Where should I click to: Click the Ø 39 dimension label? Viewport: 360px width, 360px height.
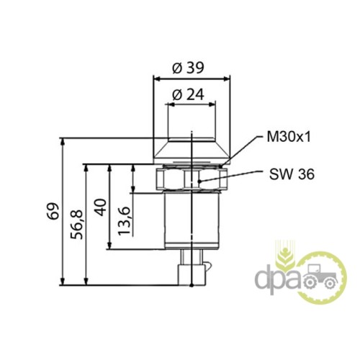click(188, 68)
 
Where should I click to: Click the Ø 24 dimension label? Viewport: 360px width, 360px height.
click(188, 94)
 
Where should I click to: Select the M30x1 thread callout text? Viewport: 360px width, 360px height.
click(289, 138)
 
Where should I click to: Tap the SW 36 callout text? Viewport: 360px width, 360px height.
click(292, 174)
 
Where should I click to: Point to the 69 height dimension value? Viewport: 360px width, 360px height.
click(53, 211)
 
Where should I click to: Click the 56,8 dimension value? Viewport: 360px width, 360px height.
click(76, 225)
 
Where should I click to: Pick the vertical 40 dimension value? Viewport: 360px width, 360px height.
click(101, 207)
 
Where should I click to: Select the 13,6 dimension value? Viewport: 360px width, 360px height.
click(124, 220)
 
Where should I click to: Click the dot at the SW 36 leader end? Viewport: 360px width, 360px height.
click(199, 181)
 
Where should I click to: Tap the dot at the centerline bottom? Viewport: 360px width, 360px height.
click(192, 285)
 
